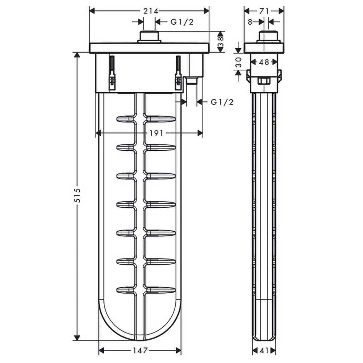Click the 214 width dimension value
[149, 11]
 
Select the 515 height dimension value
[77, 196]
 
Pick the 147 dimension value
[140, 351]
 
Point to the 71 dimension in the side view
[264, 11]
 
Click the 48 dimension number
[264, 62]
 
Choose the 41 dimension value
[264, 351]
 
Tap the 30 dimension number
[238, 62]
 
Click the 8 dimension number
[250, 22]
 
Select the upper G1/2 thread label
[182, 22]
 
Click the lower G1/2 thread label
[222, 102]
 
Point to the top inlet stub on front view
[149, 37]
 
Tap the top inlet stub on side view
[269, 37]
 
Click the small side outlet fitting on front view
[191, 80]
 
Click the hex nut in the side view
[264, 81]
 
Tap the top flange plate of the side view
[264, 48]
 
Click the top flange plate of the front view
[149, 48]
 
